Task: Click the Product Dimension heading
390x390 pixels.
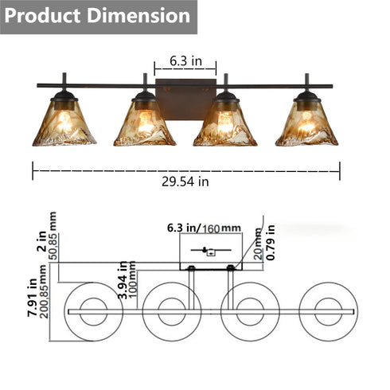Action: [99, 16]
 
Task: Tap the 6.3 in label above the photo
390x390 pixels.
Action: [185, 60]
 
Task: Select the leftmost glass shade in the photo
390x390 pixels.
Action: [64, 124]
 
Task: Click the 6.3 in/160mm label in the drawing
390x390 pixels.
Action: [204, 228]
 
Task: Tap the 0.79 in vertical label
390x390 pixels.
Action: [270, 245]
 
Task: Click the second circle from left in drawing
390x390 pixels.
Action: [174, 311]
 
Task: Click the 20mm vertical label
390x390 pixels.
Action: [257, 249]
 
